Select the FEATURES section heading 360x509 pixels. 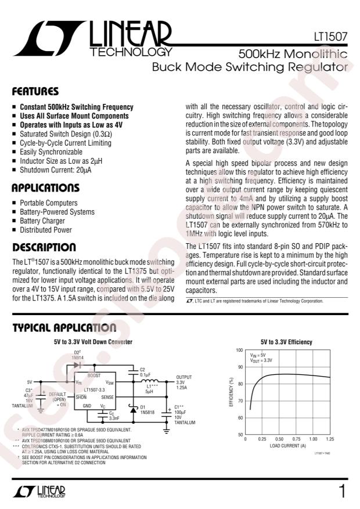(35, 92)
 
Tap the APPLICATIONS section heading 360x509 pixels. (46, 188)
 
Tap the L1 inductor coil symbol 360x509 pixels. (154, 381)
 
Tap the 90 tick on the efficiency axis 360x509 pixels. (239, 367)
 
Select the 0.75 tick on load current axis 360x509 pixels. (297, 439)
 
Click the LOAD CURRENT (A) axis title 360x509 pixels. (289, 446)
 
